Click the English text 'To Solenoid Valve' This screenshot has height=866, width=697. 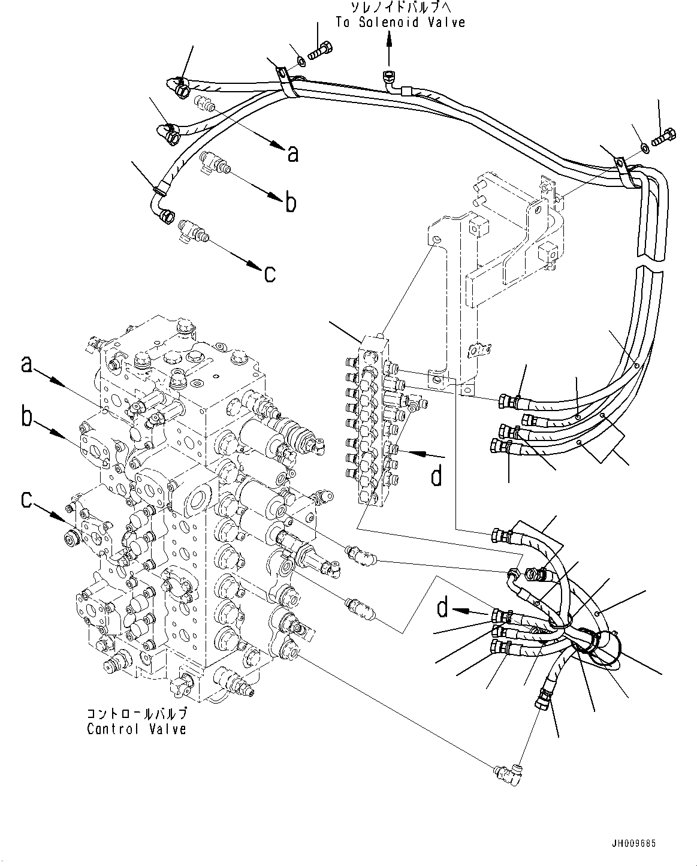pyautogui.click(x=400, y=22)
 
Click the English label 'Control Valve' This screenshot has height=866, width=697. pyautogui.click(x=136, y=729)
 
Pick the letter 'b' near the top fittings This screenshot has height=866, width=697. pyautogui.click(x=290, y=203)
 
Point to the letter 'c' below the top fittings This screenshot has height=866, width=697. pyautogui.click(x=270, y=273)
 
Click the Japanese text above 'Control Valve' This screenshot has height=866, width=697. pyautogui.click(x=137, y=714)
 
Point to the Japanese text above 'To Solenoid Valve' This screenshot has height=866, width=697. pyautogui.click(x=400, y=8)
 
